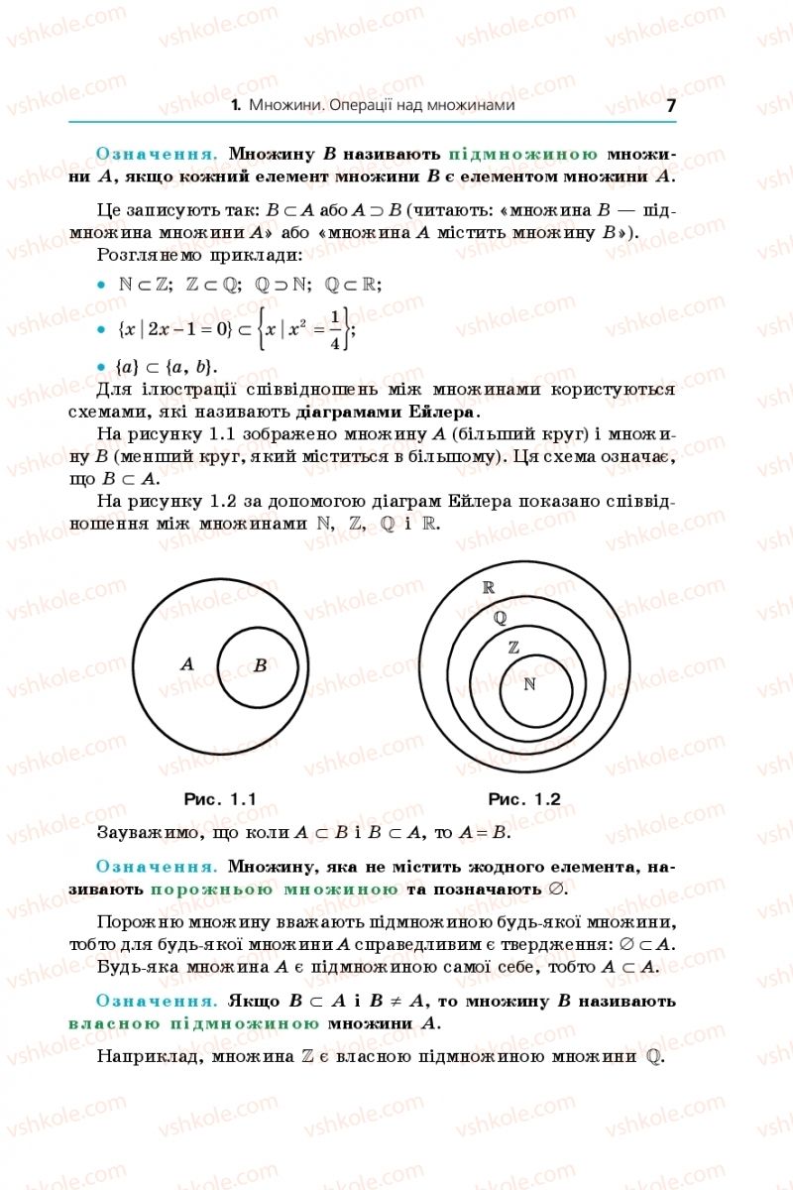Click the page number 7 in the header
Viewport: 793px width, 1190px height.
click(671, 105)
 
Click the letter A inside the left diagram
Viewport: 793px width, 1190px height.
click(187, 663)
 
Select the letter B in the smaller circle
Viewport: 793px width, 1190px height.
click(260, 665)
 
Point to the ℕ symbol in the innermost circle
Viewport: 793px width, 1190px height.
click(529, 684)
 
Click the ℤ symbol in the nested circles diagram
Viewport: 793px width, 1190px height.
click(513, 648)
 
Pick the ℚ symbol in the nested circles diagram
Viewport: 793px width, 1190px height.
click(500, 617)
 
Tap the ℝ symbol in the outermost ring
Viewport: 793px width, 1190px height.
click(488, 587)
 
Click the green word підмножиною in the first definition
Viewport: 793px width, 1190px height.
click(523, 155)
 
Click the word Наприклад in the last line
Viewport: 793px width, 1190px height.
click(145, 1057)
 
